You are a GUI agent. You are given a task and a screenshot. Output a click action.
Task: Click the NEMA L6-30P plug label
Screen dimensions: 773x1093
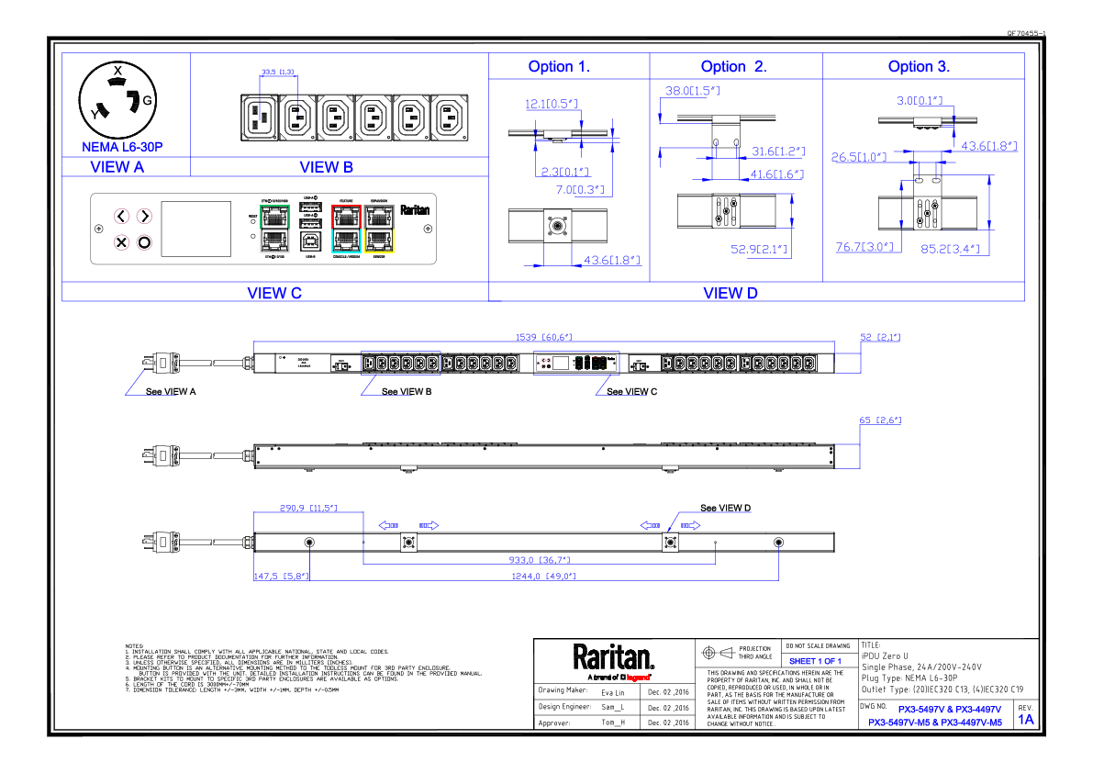coord(122,147)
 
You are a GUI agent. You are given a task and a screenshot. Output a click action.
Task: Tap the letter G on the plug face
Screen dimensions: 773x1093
coord(147,99)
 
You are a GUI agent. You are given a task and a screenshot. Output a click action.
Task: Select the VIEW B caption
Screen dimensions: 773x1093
coord(326,167)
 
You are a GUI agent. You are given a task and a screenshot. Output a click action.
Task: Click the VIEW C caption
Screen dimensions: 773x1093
coord(274,294)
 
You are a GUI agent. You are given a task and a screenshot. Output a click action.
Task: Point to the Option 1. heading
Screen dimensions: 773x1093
coord(559,66)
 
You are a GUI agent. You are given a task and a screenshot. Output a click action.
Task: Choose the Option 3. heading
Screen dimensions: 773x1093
coord(919,66)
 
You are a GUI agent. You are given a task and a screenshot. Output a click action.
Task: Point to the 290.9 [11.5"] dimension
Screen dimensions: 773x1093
coord(307,508)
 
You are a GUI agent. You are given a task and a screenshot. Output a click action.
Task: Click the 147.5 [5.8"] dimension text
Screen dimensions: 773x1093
coord(280,577)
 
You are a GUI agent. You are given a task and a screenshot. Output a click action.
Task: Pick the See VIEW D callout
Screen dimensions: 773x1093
coord(725,508)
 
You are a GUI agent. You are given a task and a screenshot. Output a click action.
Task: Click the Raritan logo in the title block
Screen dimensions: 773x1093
coord(614,658)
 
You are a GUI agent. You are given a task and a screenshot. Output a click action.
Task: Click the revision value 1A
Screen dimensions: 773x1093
coord(1025,720)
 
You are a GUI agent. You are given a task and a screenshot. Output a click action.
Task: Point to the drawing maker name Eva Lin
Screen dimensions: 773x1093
coord(612,691)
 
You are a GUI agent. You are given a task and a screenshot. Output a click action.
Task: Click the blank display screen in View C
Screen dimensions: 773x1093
coord(195,229)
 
